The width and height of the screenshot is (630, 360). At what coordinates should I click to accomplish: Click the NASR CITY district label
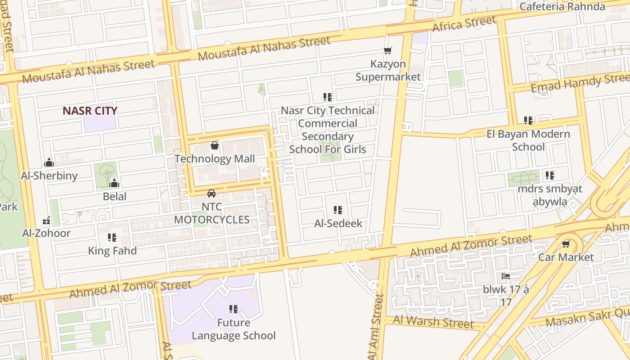tap(90, 111)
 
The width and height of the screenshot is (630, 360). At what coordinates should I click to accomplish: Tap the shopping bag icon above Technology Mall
tap(215, 145)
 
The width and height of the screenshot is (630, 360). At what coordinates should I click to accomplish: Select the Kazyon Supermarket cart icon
tap(387, 51)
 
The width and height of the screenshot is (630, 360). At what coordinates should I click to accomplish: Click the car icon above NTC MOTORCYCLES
tap(211, 193)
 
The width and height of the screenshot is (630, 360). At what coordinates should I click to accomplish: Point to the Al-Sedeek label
tap(338, 223)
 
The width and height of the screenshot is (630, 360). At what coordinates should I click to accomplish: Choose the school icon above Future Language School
tap(234, 309)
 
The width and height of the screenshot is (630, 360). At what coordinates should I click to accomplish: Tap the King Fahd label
tap(112, 251)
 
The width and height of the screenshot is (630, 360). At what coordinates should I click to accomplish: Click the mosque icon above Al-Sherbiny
tap(49, 162)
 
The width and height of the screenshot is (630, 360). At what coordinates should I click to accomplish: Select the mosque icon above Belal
tap(114, 183)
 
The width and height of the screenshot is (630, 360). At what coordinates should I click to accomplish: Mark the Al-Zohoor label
tap(46, 233)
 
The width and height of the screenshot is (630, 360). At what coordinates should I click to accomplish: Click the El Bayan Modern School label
tap(528, 140)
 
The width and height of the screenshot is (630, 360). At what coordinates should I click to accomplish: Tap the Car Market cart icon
tap(566, 244)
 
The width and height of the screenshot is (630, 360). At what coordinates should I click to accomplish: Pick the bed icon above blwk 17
tap(506, 276)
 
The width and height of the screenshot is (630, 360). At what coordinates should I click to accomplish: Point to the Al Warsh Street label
tap(433, 322)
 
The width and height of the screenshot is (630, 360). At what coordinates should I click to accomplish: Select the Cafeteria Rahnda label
tap(568, 6)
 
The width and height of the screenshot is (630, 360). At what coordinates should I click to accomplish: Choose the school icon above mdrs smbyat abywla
tap(549, 175)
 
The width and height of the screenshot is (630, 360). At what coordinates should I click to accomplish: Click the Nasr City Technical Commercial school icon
tap(328, 97)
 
